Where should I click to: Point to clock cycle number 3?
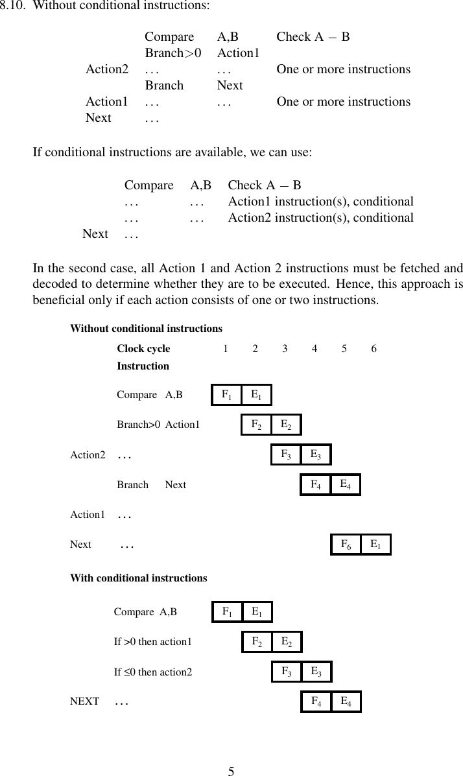coord(285,349)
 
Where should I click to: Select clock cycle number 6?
coord(374,349)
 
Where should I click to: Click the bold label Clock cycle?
coord(143,349)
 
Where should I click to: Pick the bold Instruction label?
coord(143,366)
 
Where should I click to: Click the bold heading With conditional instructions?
coord(138,578)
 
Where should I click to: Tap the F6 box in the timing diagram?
coord(346,545)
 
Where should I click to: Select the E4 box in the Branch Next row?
coord(346,484)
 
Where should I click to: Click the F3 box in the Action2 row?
coord(286,454)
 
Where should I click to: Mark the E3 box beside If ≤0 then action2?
coord(316,672)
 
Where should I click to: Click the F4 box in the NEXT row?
coord(316,701)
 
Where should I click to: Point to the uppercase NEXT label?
coord(84,701)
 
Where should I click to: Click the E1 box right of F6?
coord(375,545)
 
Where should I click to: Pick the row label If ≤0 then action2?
coord(153,672)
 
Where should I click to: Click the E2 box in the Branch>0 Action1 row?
coord(286,425)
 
